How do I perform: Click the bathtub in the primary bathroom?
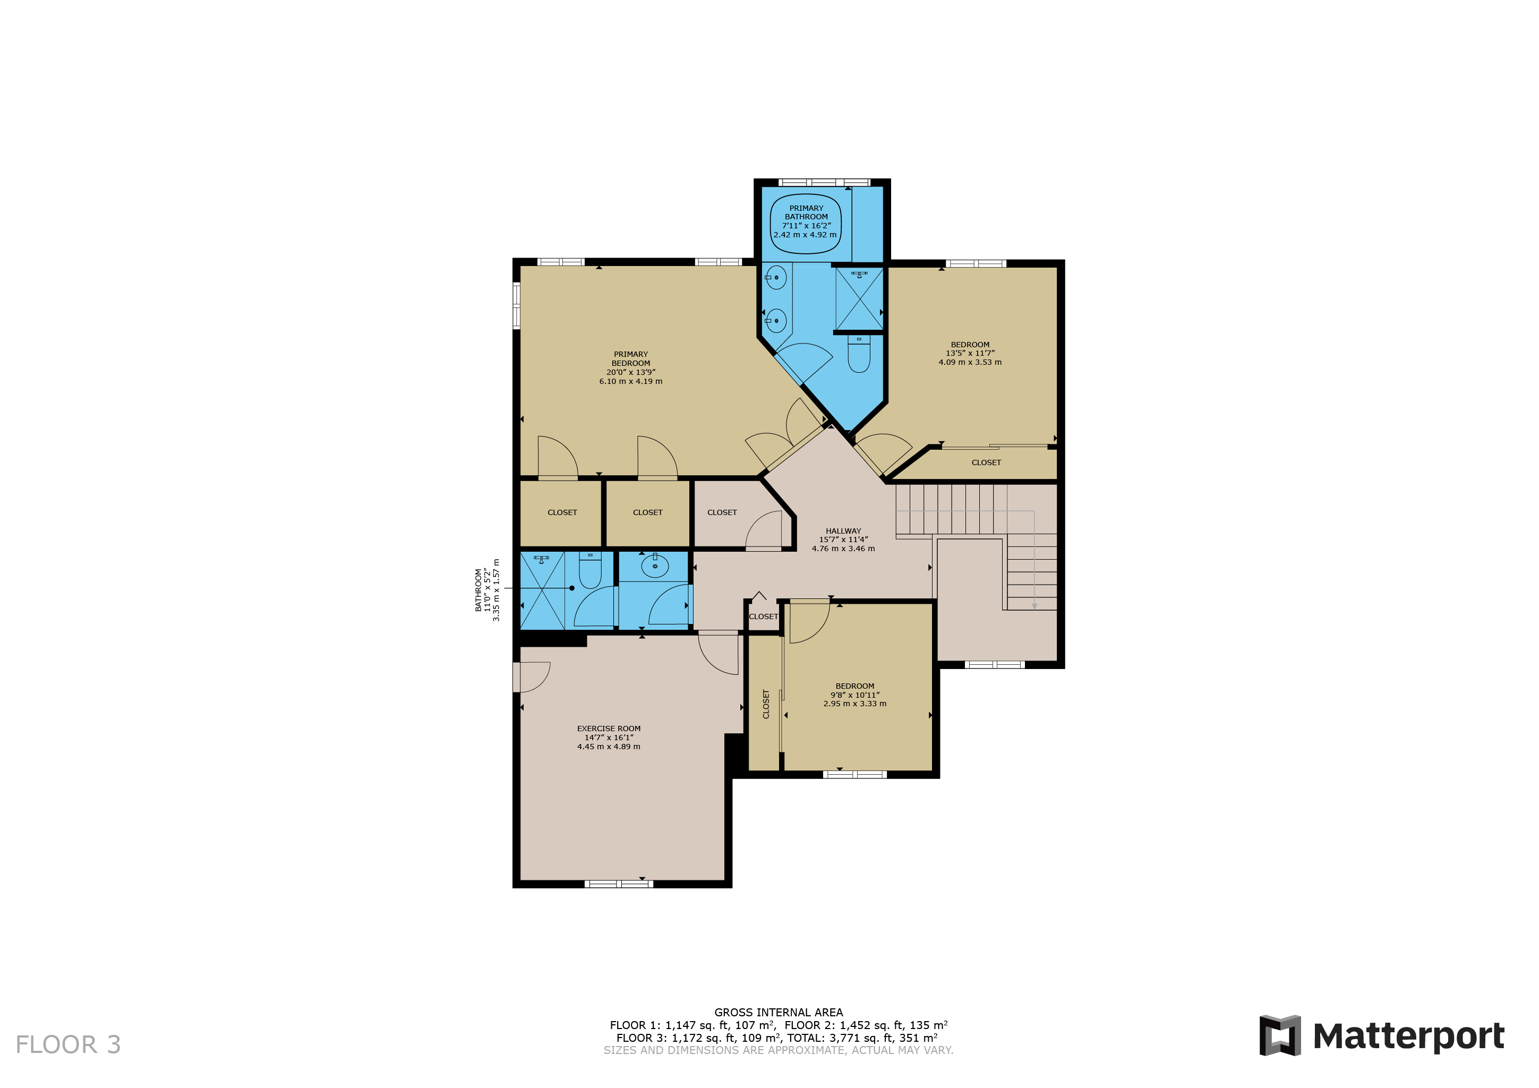point(805,224)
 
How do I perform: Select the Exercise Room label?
point(609,738)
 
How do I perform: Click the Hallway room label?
point(843,539)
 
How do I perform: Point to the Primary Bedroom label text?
point(631,367)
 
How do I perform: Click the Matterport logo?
point(1381,1036)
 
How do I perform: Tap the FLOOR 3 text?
point(67,1044)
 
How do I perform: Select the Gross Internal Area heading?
point(778,1012)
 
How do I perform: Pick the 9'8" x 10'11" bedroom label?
point(854,695)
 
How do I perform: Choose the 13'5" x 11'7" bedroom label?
point(970,353)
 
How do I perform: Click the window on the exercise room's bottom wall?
point(619,884)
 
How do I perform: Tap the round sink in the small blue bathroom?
point(655,567)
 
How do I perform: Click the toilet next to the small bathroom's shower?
point(590,570)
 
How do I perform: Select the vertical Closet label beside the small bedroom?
point(765,704)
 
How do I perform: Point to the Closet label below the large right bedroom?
point(986,462)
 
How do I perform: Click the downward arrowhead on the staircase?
point(1034,605)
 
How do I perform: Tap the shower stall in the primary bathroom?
point(859,299)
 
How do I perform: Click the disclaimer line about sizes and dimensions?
point(778,1050)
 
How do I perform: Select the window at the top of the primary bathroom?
point(824,182)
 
